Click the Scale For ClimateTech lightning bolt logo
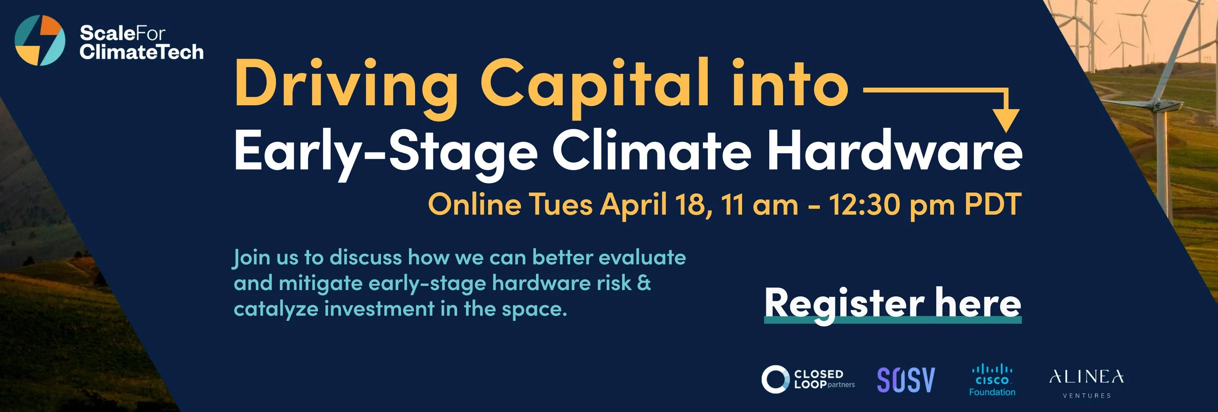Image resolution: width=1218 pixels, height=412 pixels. click(39, 40)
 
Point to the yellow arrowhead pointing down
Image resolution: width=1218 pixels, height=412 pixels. click(1007, 120)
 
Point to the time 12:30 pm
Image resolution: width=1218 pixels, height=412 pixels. click(892, 204)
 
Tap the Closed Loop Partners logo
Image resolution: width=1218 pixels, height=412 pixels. click(808, 379)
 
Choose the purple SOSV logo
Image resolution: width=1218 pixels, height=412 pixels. click(906, 379)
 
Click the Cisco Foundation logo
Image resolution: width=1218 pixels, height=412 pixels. click(992, 379)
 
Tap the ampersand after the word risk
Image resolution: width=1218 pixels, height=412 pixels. click(644, 283)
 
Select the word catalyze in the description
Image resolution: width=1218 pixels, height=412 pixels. click(276, 309)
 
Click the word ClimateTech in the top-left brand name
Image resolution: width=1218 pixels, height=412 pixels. click(141, 52)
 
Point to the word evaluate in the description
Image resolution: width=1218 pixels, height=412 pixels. click(642, 257)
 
